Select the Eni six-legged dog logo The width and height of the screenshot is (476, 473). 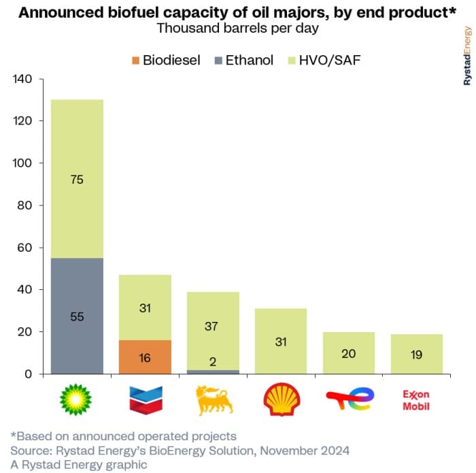212,400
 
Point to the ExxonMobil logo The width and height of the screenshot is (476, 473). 416,400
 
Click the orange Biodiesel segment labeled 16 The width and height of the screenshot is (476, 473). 145,357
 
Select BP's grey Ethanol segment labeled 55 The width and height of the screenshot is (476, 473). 77,316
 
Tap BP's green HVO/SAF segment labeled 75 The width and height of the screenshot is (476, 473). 77,179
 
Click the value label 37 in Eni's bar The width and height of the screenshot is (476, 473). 212,327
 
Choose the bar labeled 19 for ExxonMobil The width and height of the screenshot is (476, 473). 416,353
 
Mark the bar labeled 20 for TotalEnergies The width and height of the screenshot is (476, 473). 349,353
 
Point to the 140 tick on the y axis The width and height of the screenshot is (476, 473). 23,79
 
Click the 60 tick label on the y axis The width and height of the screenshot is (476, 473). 26,248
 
